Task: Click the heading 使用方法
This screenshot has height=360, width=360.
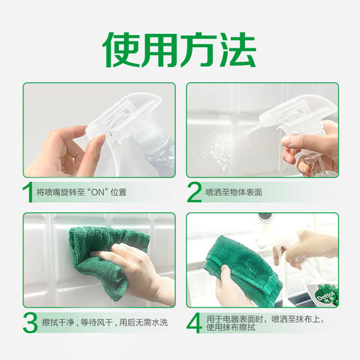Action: click(x=180, y=49)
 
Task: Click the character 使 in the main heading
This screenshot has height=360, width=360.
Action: click(x=123, y=49)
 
